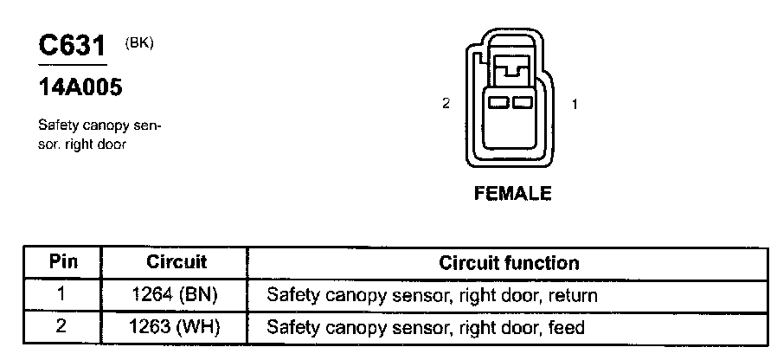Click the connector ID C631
click(x=72, y=47)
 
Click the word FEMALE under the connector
click(x=512, y=194)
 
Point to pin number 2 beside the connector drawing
click(x=446, y=104)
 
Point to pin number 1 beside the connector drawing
click(x=575, y=104)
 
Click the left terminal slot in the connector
click(x=498, y=103)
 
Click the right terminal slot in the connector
click(x=520, y=103)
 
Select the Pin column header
click(x=62, y=261)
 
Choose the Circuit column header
click(x=176, y=261)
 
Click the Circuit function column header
click(x=509, y=261)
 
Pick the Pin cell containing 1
click(x=61, y=295)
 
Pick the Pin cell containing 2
click(x=61, y=328)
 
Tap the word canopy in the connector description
click(x=103, y=125)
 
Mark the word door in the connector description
click(x=112, y=145)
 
